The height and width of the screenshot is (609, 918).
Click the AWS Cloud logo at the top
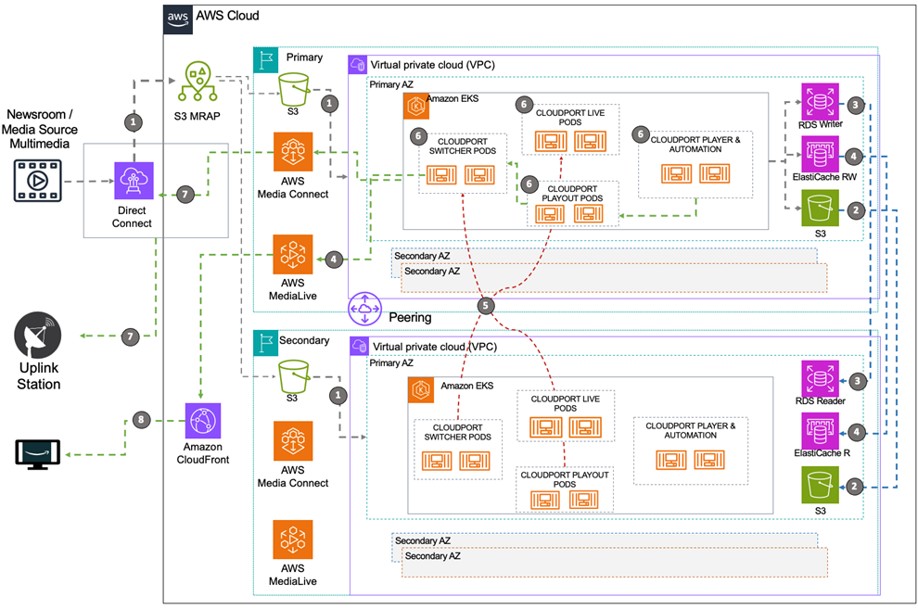(x=177, y=17)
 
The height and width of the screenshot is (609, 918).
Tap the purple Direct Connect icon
(x=134, y=180)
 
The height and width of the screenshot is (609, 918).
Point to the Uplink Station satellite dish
(x=37, y=336)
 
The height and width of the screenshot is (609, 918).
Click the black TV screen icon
(x=38, y=453)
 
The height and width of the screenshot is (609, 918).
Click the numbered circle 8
(x=142, y=419)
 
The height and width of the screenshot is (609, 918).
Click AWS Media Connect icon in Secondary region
(x=292, y=441)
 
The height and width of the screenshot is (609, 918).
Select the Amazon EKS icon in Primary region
(x=414, y=107)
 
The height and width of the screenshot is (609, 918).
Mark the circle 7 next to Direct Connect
(x=185, y=194)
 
